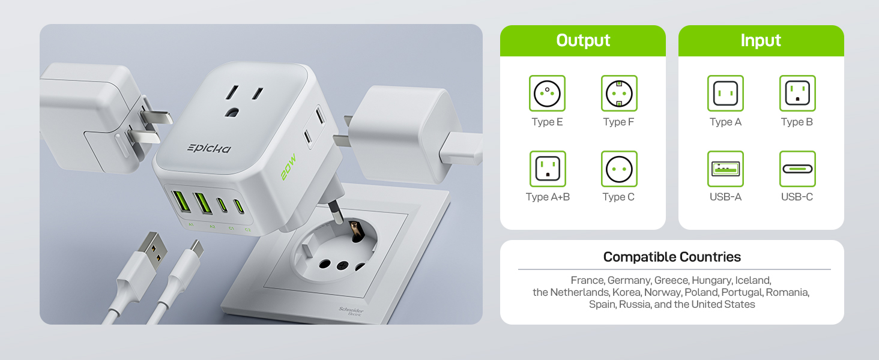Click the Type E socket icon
point(547,93)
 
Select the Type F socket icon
point(619,93)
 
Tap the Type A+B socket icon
point(547,169)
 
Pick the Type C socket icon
point(619,169)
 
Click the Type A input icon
point(725,93)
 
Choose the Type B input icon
point(797,93)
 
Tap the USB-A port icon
point(725,169)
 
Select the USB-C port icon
point(797,169)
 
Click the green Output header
point(583,40)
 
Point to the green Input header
point(761,40)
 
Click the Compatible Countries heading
point(672,257)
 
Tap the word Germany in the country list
point(629,280)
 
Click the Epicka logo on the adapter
point(208,148)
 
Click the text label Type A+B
point(547,197)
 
